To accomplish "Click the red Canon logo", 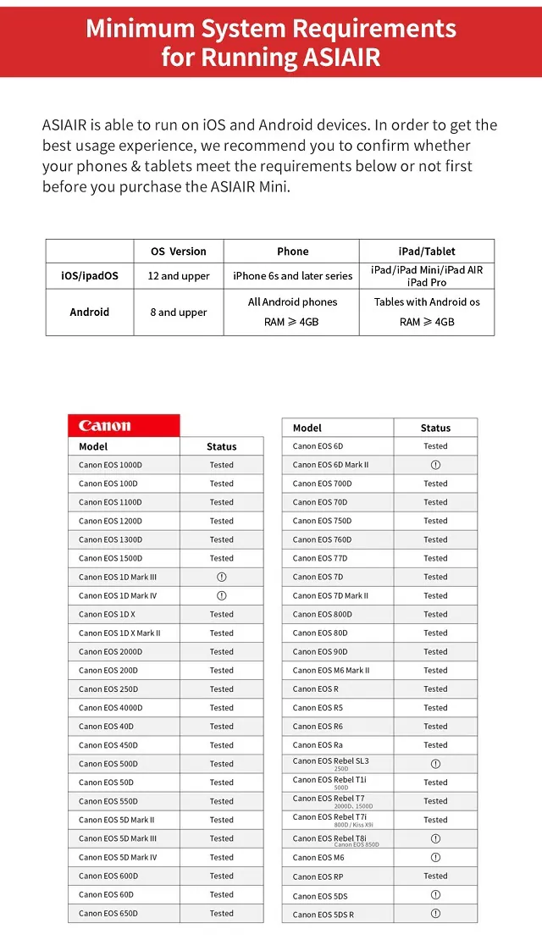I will pos(105,426).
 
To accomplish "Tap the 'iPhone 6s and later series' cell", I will pos(292,275).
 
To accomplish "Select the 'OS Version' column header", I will pos(179,252).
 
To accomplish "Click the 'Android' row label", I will pos(90,312).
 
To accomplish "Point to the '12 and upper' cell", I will pos(179,275).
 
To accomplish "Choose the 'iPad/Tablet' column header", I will pos(427,252).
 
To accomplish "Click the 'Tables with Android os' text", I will pos(427,302).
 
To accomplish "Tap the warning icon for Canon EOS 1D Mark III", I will pos(222,577).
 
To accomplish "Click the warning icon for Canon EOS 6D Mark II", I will pos(435,465).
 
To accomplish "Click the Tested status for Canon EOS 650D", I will pos(222,913).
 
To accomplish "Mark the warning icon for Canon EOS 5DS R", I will pos(435,914).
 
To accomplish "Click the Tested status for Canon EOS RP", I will pos(435,876).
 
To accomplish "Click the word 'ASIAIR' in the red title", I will pos(335,58).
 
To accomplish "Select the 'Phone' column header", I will pos(292,252).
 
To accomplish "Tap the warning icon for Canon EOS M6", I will pos(435,857).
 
